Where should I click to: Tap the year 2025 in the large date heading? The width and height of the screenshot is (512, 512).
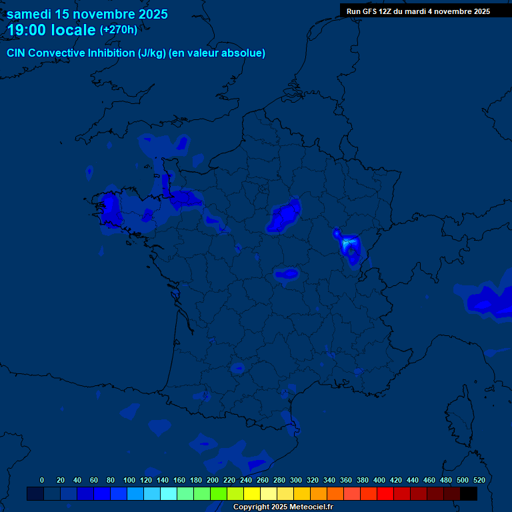pos(149,14)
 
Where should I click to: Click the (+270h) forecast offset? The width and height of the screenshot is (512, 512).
pos(119,29)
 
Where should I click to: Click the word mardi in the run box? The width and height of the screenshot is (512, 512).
pos(433,11)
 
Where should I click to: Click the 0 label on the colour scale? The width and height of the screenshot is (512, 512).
pos(42,480)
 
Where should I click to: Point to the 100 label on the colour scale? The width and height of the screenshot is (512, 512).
pos(129,480)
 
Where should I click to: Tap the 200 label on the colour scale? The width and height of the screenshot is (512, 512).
pos(213,480)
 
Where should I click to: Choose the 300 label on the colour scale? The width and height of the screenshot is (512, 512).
pos(296,480)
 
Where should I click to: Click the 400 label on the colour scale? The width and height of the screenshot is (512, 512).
pos(379,480)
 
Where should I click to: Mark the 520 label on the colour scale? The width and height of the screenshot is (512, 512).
pos(479,480)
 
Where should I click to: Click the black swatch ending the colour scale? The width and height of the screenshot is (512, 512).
pos(469,494)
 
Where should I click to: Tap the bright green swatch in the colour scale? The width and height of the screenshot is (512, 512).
pos(219,494)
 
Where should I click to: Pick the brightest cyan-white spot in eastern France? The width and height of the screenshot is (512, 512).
pos(346,245)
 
